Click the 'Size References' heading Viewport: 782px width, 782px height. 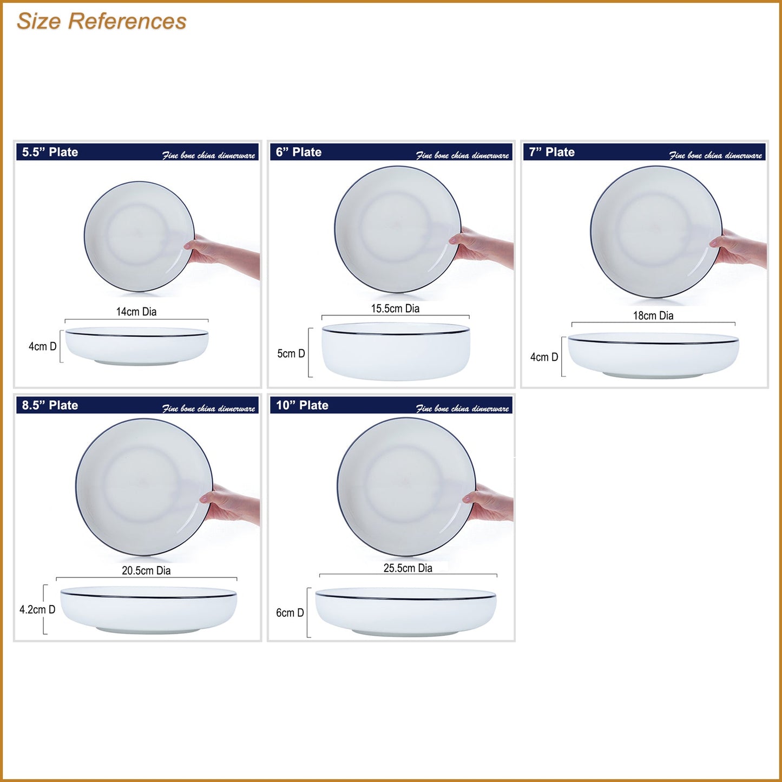click(x=101, y=21)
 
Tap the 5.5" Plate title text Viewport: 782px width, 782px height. click(x=50, y=152)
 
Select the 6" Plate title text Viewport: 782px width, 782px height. click(x=299, y=152)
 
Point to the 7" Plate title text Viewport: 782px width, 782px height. click(x=552, y=152)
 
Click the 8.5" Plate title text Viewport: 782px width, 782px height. click(x=50, y=405)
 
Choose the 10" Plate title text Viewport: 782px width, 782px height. click(x=303, y=405)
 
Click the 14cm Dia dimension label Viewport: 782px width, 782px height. click(x=136, y=312)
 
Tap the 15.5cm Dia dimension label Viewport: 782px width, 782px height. click(x=395, y=308)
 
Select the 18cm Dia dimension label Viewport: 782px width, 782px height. click(x=653, y=316)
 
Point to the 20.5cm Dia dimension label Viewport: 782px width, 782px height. click(x=146, y=570)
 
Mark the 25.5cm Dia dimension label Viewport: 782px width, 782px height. click(x=408, y=568)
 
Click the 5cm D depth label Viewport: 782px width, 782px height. click(x=291, y=353)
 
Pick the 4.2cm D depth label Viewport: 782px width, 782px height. click(x=37, y=609)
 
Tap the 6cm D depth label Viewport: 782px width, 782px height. click(x=290, y=613)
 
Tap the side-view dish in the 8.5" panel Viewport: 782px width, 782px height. click(x=148, y=610)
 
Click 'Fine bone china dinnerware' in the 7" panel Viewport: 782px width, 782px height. click(x=715, y=155)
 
